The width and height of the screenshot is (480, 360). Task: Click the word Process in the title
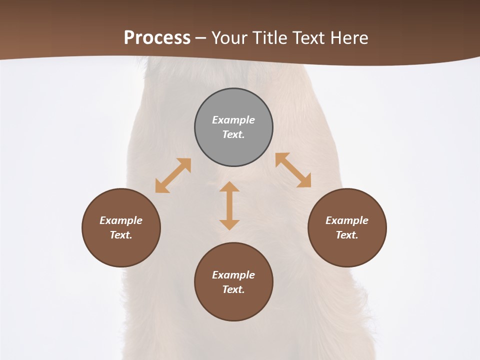[x=157, y=38]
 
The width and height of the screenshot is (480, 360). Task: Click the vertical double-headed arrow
[x=229, y=206]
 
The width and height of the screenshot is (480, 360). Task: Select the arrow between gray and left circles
[x=173, y=175]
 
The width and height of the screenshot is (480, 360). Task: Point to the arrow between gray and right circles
[x=293, y=170]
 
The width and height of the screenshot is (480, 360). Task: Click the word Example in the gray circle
[x=233, y=120]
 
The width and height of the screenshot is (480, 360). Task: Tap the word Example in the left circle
[x=121, y=220]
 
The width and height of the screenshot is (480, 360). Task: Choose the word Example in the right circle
[x=347, y=220]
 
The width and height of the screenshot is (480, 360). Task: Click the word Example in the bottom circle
[x=233, y=275]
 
